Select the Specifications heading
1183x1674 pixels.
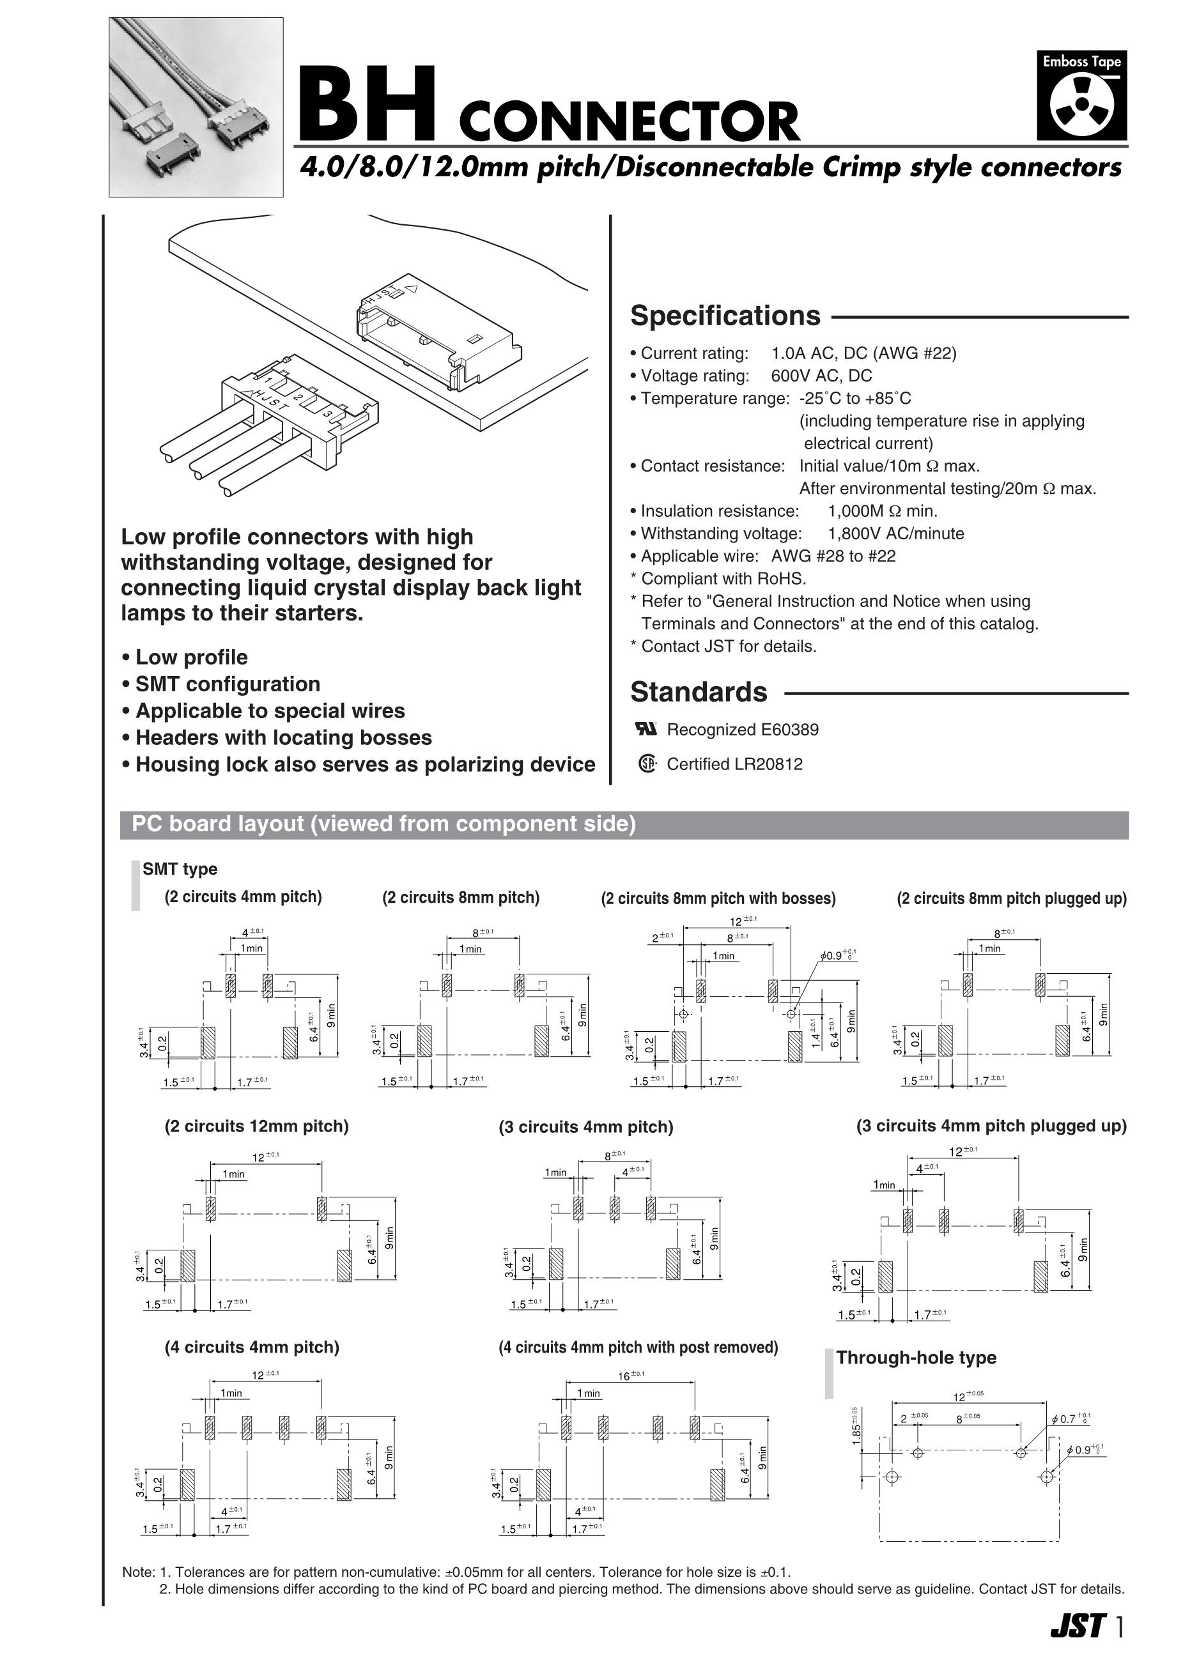tap(725, 316)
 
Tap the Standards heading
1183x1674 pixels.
tap(699, 692)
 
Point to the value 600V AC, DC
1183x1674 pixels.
tap(821, 376)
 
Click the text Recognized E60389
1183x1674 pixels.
tap(743, 730)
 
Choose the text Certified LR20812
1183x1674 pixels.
tap(734, 764)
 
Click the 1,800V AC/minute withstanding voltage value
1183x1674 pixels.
tap(895, 534)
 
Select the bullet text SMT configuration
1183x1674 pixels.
tap(228, 684)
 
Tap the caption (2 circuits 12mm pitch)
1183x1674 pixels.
tap(257, 1126)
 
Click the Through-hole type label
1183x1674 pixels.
tap(916, 1358)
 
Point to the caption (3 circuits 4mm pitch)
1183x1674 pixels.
tap(585, 1127)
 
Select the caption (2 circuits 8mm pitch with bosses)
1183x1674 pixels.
tap(718, 898)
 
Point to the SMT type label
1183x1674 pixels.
tap(180, 869)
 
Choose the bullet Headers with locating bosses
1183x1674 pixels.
tap(284, 738)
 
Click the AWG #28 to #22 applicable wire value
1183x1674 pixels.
tap(833, 557)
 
